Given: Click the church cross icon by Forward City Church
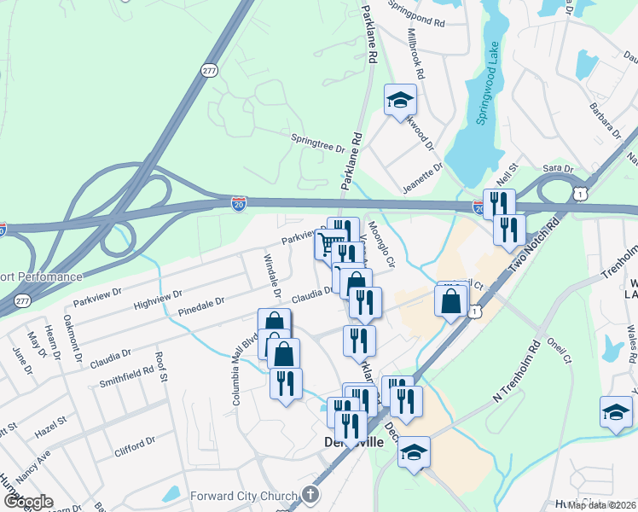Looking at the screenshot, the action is (310, 495).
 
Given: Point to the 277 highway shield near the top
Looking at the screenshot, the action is (210, 70).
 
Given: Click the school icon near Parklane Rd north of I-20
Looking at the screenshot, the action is (400, 101).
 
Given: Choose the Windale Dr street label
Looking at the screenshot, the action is (272, 277).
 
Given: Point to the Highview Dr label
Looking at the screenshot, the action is (159, 299).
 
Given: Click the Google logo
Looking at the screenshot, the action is (28, 502).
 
